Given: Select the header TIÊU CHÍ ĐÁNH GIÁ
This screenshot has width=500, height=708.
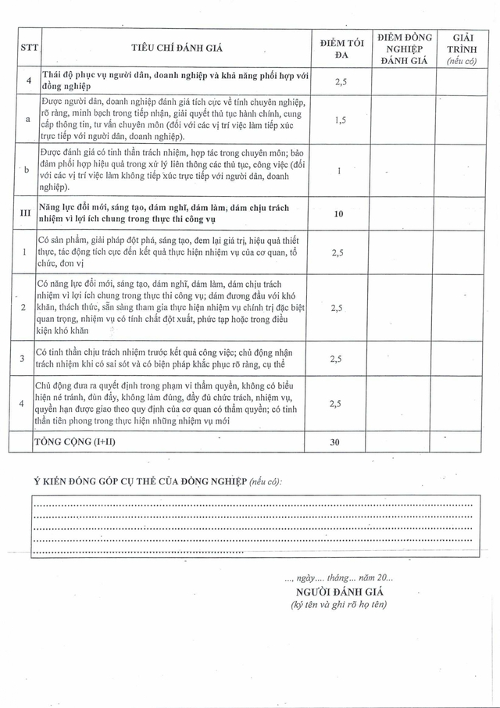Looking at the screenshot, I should click(177, 48).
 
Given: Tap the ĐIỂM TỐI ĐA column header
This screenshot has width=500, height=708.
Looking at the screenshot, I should click(335, 48).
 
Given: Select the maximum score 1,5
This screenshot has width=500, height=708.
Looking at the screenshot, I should click(335, 120).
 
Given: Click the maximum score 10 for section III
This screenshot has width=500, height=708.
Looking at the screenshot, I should click(335, 213).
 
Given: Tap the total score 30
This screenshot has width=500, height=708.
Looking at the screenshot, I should click(335, 442).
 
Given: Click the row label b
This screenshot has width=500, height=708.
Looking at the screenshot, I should click(28, 170).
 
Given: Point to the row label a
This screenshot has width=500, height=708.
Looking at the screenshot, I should click(28, 120).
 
